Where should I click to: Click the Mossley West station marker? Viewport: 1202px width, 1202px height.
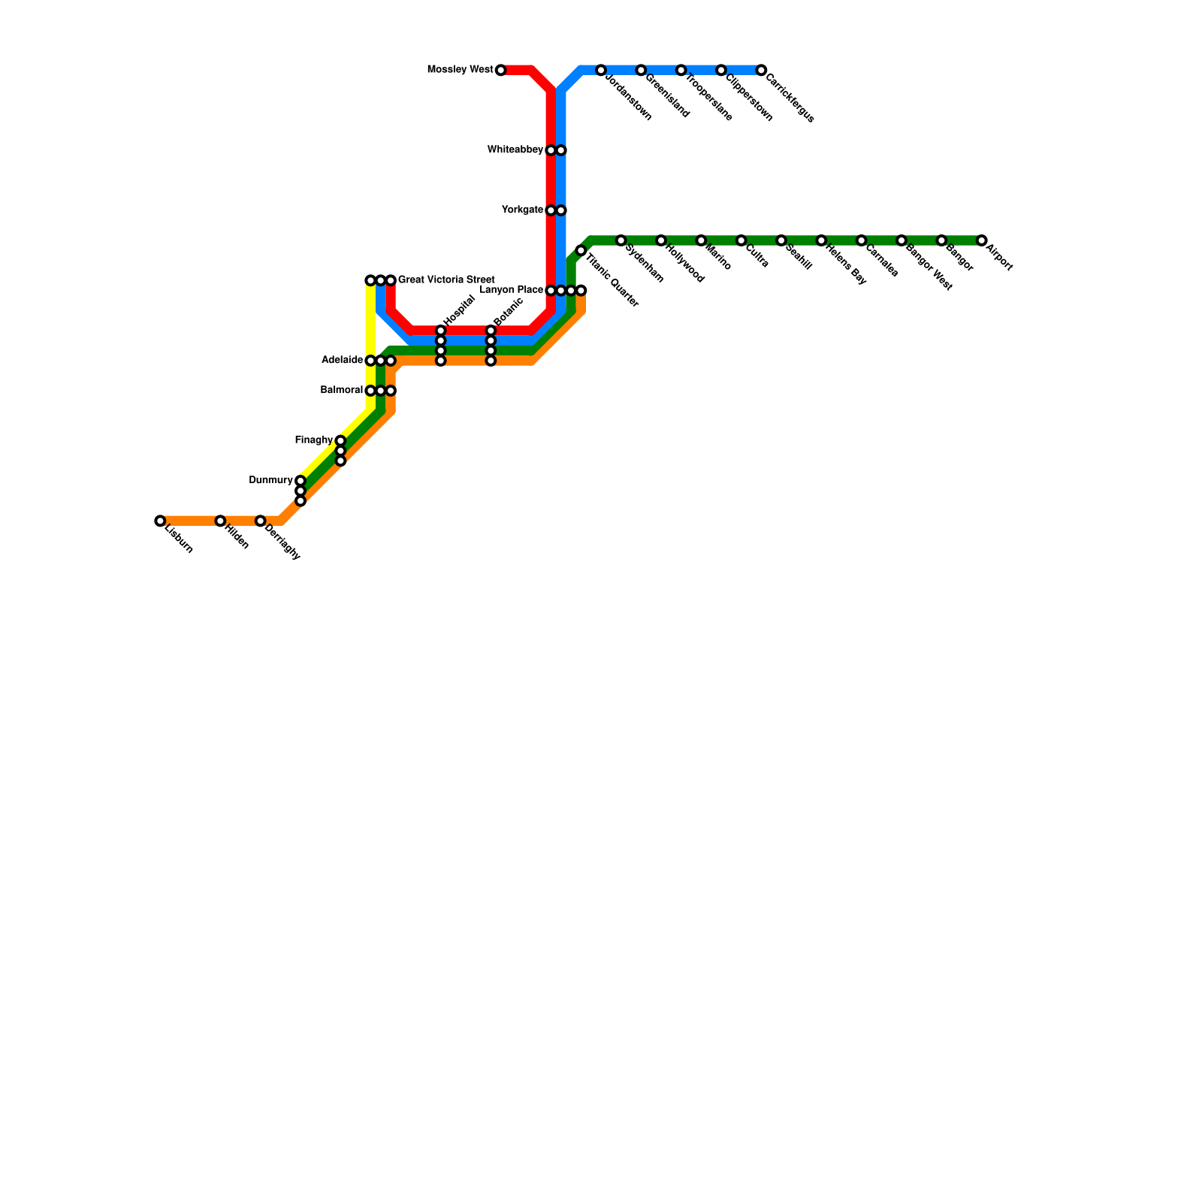[x=500, y=71]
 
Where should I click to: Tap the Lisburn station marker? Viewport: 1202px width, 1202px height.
[x=160, y=521]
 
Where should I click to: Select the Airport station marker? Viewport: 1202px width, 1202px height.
[x=981, y=240]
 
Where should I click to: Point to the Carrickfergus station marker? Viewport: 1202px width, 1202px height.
[x=761, y=71]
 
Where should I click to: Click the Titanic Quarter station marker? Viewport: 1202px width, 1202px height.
[x=581, y=251]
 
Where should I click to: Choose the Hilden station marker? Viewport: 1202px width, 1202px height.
[x=220, y=521]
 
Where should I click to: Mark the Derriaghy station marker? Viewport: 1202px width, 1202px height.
[x=260, y=521]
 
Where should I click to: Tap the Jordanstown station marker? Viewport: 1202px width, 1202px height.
[x=601, y=71]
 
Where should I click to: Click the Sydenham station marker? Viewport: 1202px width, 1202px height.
[x=621, y=240]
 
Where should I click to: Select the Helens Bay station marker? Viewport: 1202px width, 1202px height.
[x=821, y=240]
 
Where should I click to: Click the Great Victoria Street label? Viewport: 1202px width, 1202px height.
[x=446, y=280]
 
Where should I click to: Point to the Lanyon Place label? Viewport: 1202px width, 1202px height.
[x=511, y=290]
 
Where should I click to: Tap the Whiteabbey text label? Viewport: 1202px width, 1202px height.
[x=515, y=150]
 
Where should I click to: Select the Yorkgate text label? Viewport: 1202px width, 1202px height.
[x=522, y=210]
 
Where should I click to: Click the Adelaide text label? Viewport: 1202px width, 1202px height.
[x=342, y=361]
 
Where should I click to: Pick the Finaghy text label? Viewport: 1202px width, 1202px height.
[x=313, y=440]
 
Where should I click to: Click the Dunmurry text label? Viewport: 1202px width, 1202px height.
[x=270, y=481]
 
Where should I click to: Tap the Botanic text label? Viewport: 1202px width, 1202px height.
[x=508, y=311]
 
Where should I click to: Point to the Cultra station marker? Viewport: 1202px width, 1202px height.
[x=741, y=240]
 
